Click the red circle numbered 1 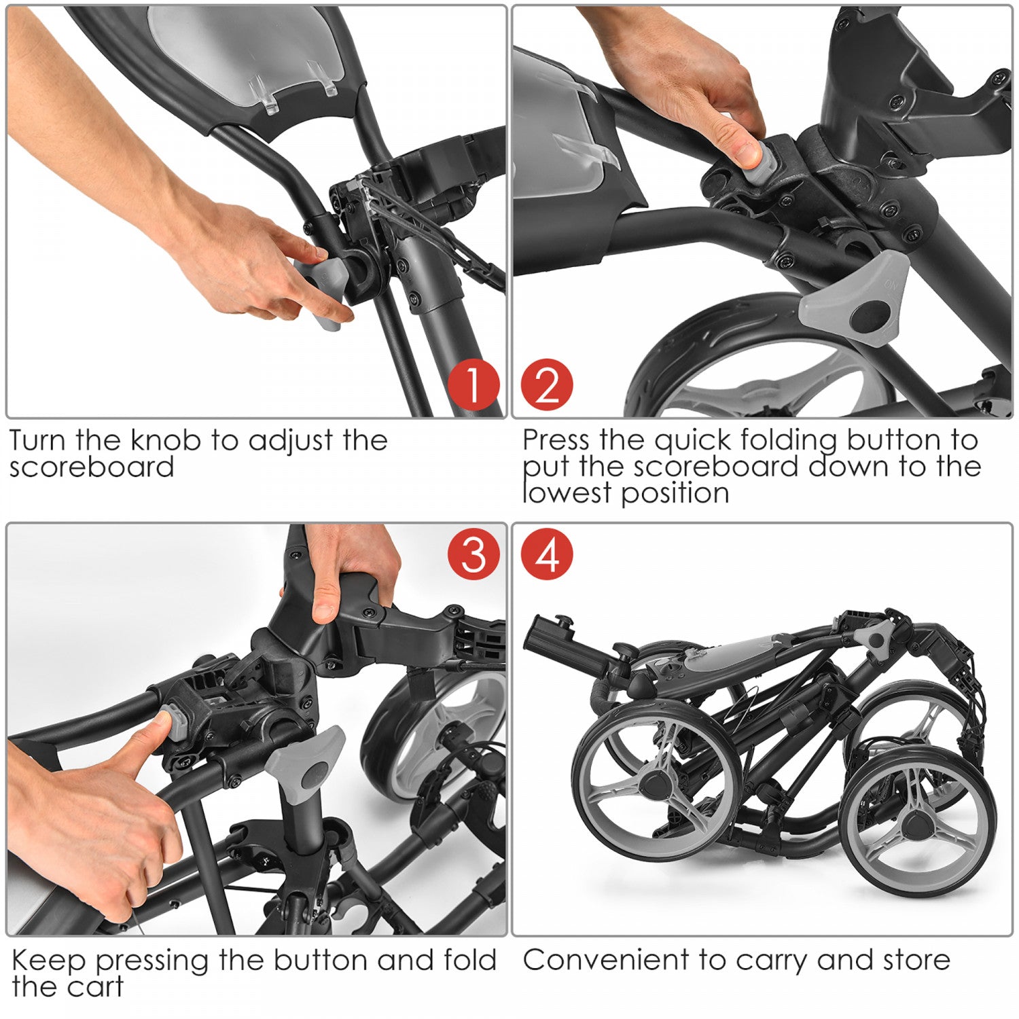474,385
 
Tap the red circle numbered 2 547,385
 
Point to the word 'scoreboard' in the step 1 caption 92,467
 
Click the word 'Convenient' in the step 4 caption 606,960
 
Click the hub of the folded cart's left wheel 657,783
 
